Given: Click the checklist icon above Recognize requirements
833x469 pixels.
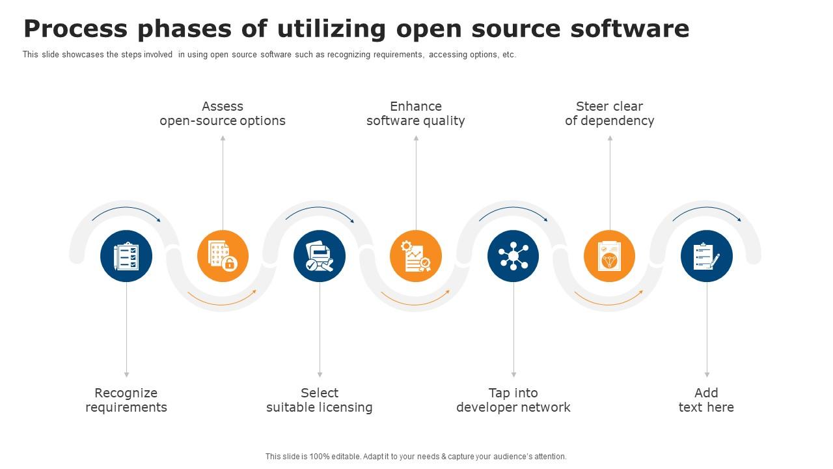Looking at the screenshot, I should click(126, 256).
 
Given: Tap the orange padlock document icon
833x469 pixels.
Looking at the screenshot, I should click(223, 256).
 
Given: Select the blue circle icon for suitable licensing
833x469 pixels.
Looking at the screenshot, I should click(320, 256).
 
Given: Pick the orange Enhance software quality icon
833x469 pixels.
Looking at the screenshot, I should click(416, 256).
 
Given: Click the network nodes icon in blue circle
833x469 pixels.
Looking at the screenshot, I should click(513, 256).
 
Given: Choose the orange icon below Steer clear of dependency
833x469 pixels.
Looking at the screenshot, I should click(610, 256).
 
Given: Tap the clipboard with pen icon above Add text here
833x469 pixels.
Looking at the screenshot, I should click(707, 256).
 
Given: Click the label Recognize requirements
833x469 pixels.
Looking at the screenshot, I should click(126, 400).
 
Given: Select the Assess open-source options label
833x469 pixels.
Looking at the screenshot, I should click(223, 113).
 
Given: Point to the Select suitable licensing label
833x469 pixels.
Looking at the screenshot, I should click(320, 400).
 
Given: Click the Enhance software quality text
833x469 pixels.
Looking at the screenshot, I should click(416, 113).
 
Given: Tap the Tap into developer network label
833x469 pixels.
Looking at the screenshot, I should click(513, 400).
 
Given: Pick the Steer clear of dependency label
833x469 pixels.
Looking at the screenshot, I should click(610, 113).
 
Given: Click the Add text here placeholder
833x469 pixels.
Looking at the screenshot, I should click(706, 400).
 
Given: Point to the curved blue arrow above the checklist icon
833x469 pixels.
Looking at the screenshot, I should click(126, 210).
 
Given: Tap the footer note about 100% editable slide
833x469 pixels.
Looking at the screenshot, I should click(416, 457).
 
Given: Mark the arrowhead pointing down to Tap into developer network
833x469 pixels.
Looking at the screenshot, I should click(513, 375).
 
